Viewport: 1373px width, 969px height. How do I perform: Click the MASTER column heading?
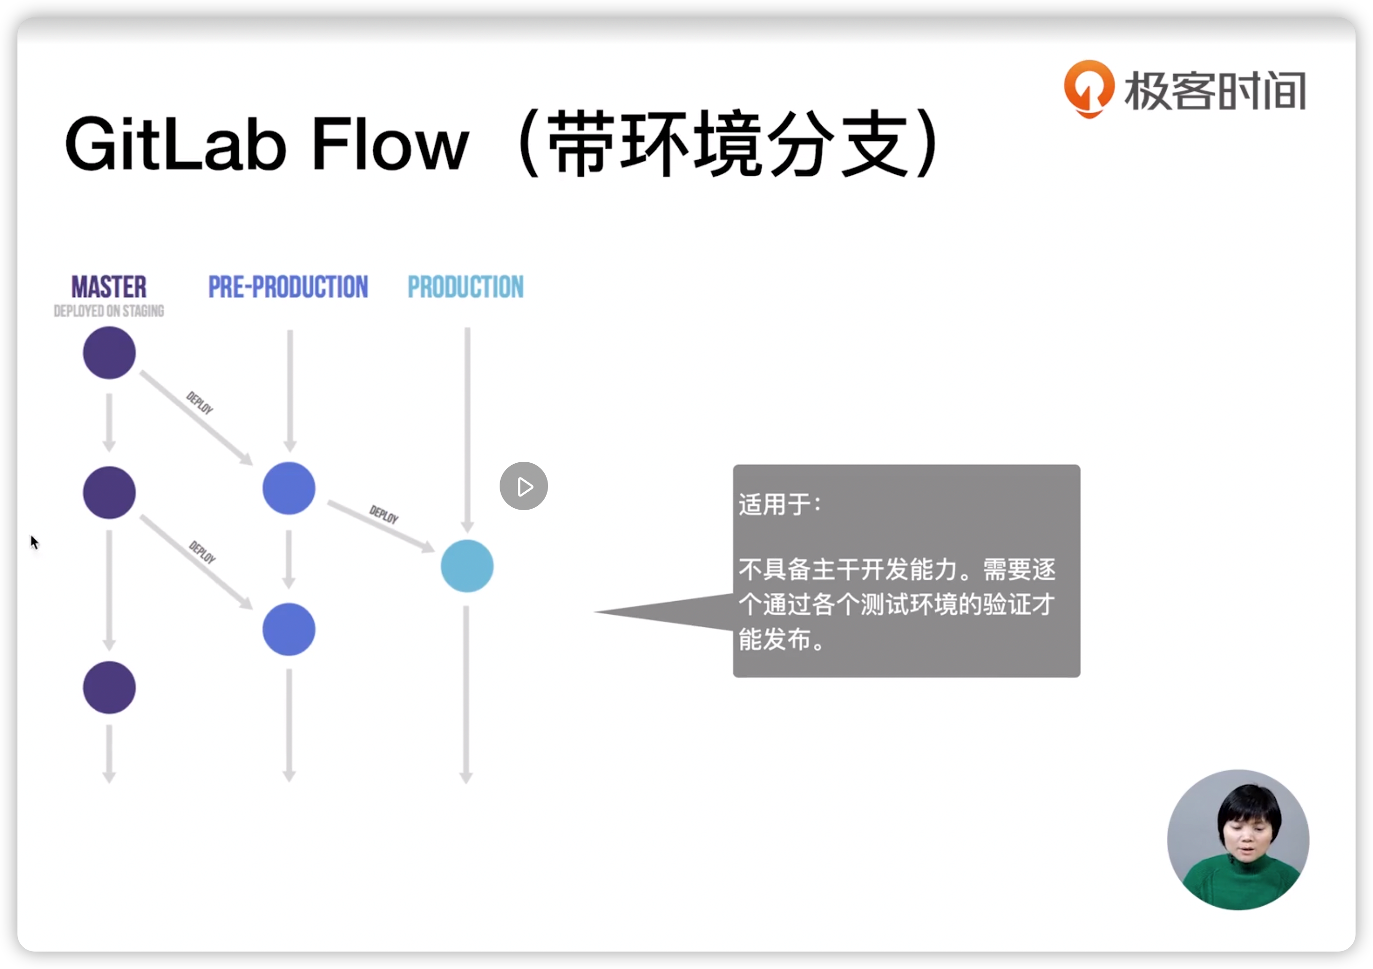pyautogui.click(x=109, y=287)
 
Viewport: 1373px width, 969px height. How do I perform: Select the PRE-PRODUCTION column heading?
pyautogui.click(x=288, y=287)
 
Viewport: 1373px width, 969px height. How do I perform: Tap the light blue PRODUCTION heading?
pyautogui.click(x=465, y=287)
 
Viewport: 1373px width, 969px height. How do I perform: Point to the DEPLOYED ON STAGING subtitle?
pyautogui.click(x=109, y=311)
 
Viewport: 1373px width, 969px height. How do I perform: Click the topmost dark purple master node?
pyautogui.click(x=109, y=353)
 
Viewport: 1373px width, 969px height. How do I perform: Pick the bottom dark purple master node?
pyautogui.click(x=109, y=687)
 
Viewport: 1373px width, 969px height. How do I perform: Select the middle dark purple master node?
pyautogui.click(x=109, y=493)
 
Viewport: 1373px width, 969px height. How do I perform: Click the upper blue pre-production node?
pyautogui.click(x=289, y=488)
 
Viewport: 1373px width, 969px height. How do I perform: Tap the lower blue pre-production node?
pyautogui.click(x=289, y=629)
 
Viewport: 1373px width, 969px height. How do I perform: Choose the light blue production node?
pyautogui.click(x=467, y=565)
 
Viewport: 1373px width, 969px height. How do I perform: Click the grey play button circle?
pyautogui.click(x=524, y=486)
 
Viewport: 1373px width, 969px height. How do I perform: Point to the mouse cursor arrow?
pyautogui.click(x=33, y=542)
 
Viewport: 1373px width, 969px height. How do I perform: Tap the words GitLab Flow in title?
pyautogui.click(x=266, y=145)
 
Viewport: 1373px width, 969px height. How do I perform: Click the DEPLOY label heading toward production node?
pyautogui.click(x=384, y=514)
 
